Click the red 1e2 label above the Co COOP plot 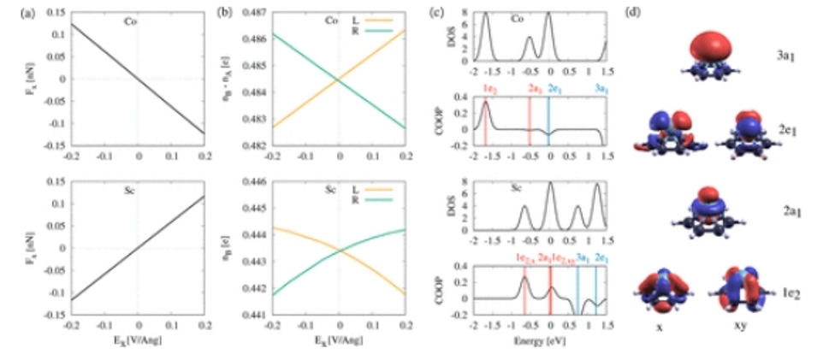485,89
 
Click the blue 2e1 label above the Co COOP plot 554,89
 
